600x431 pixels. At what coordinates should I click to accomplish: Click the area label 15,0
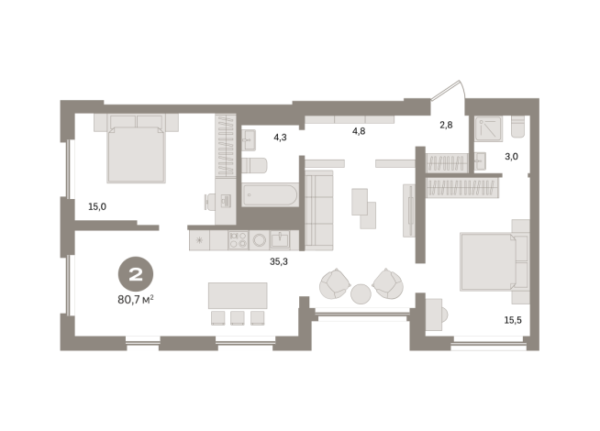tap(96, 206)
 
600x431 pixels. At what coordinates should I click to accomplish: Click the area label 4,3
tap(280, 138)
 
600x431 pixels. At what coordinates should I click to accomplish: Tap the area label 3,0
tap(511, 157)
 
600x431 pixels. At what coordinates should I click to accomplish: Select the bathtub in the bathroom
tap(269, 195)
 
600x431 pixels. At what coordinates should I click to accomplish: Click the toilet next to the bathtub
tap(254, 165)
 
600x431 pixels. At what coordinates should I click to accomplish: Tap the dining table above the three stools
tap(239, 295)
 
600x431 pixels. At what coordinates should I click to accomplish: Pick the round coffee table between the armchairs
tap(361, 293)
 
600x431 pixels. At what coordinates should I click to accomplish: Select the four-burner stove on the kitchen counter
tap(238, 240)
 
